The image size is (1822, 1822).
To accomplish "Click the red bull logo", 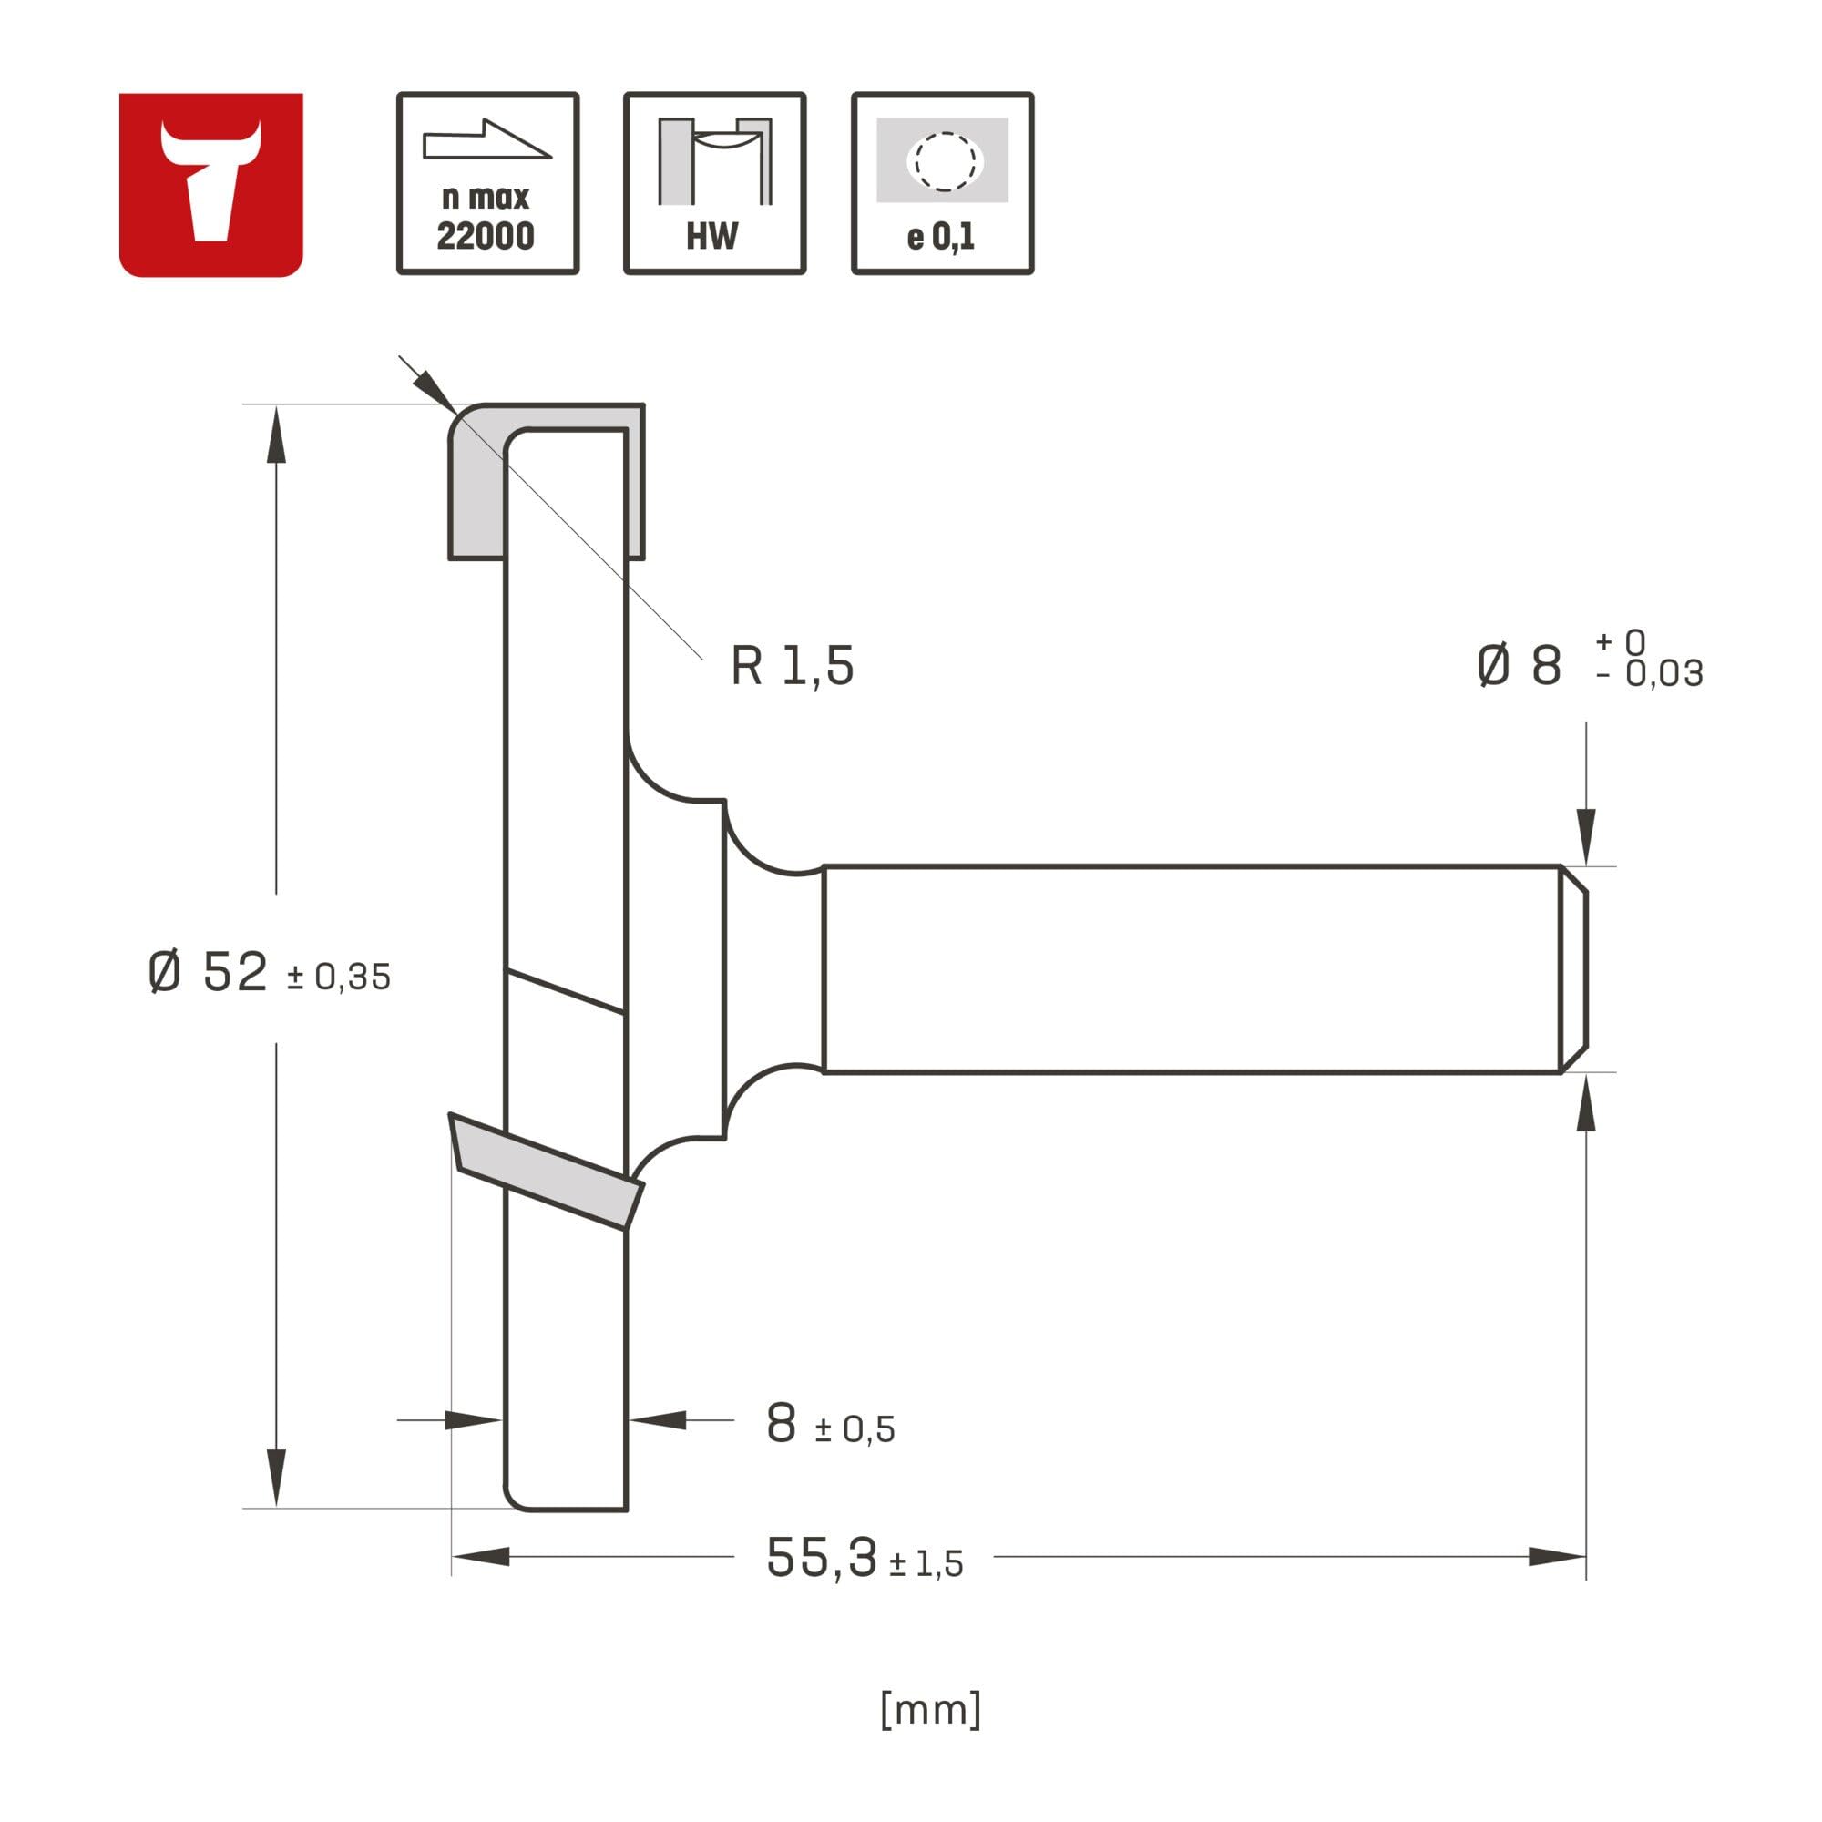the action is [x=210, y=185].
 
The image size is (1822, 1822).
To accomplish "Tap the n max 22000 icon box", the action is [x=487, y=183].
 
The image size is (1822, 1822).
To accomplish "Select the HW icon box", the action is [x=715, y=183].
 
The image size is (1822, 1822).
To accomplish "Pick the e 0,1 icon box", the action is [x=942, y=183].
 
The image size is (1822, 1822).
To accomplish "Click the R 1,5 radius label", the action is [x=793, y=667].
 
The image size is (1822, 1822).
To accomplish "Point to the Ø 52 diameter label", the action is [x=209, y=971].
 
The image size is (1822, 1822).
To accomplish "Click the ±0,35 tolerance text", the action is [x=339, y=977].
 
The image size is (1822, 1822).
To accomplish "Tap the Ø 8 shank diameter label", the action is [x=1520, y=665].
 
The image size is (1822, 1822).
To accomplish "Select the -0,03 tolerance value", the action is [x=1651, y=673].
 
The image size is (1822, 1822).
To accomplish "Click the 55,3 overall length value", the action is [x=822, y=1557].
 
